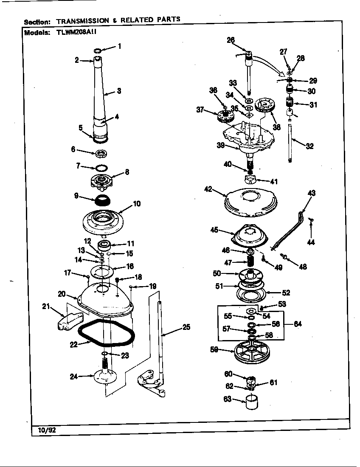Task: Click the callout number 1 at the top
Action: [119, 46]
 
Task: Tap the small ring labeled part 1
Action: [98, 51]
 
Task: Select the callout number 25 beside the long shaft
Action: [186, 327]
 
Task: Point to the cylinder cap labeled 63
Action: [252, 401]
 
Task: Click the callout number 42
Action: [208, 190]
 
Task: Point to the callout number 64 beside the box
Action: [298, 324]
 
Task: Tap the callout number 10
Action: [137, 204]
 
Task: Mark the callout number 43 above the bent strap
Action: [311, 193]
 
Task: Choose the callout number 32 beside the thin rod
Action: [310, 146]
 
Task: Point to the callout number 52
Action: [286, 292]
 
